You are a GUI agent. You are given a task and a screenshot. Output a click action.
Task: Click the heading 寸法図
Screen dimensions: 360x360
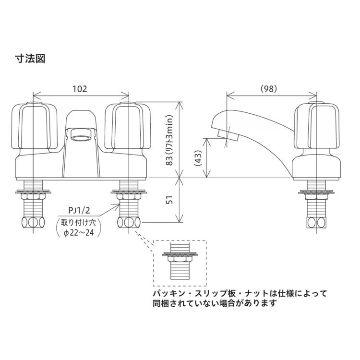(x=30, y=59)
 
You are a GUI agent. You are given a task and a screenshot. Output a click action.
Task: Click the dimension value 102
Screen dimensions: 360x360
(x=80, y=89)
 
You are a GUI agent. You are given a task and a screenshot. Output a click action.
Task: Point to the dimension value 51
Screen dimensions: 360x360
(x=168, y=200)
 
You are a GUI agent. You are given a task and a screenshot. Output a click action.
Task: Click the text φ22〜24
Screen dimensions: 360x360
(x=78, y=233)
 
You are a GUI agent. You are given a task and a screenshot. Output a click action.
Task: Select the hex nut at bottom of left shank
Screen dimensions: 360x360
(x=32, y=223)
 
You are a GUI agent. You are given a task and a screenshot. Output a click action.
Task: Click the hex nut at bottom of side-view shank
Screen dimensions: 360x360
(x=316, y=223)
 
